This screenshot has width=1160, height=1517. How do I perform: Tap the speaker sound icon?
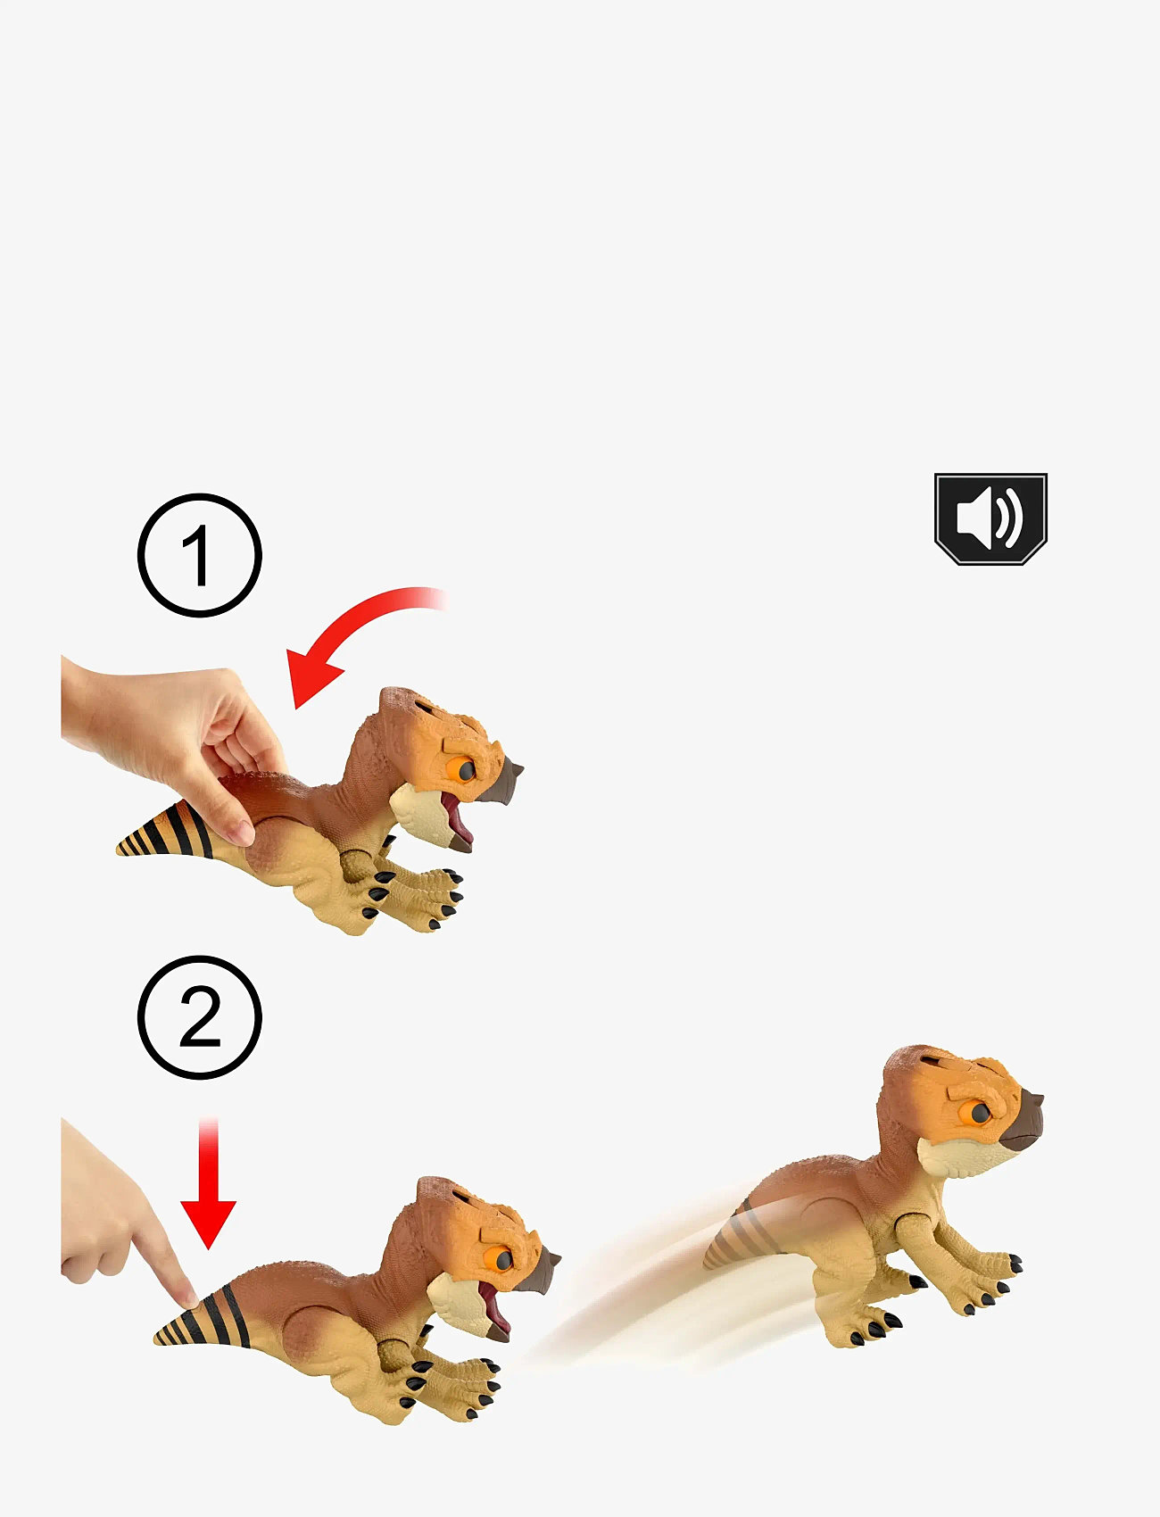click(990, 518)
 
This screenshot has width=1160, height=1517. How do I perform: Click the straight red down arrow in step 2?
click(208, 1183)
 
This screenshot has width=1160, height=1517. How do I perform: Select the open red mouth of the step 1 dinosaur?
click(459, 819)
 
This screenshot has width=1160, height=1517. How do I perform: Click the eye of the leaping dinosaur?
click(978, 1112)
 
